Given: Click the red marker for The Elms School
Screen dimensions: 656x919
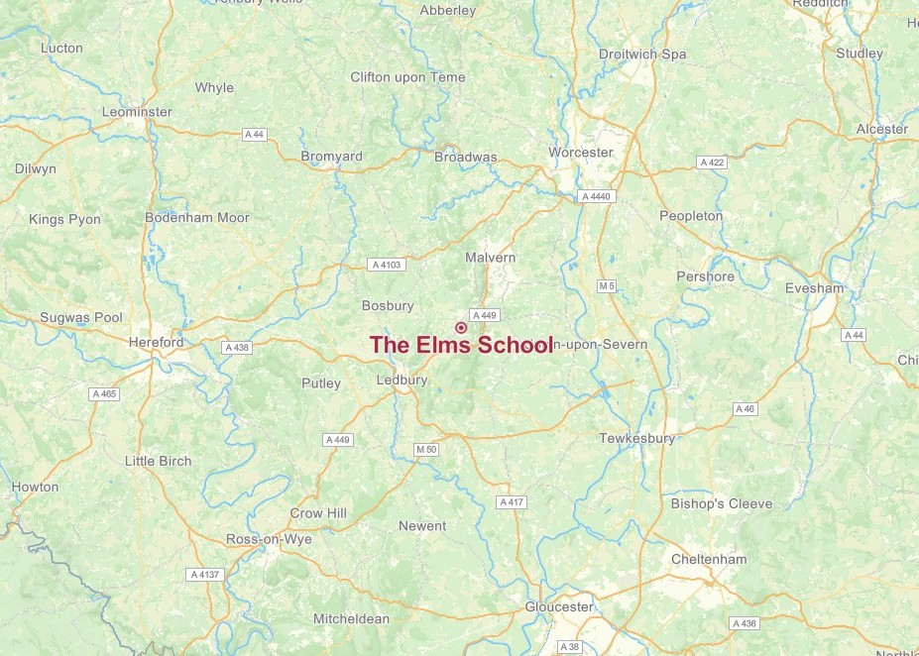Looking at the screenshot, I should point(461,327).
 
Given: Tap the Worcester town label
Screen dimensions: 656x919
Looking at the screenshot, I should point(581,153).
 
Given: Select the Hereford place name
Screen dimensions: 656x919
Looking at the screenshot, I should point(156,342).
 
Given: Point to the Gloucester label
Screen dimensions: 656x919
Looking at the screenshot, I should point(559,606).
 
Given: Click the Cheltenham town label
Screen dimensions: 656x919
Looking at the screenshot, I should point(709,559).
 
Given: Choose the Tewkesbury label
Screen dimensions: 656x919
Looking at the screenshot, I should point(636,438).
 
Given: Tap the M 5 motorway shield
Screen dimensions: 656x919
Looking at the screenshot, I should point(607,286).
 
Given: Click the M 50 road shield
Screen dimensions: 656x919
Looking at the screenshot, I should point(426,450).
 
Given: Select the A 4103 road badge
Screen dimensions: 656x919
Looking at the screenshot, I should point(386,265).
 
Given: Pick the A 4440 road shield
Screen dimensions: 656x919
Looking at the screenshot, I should point(597,196).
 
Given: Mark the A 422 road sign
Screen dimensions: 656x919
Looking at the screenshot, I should point(712,163).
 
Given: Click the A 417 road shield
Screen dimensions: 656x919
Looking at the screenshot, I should point(512,502).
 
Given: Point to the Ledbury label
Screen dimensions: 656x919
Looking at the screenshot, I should point(402,380).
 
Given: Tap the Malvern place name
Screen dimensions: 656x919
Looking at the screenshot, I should point(491,258).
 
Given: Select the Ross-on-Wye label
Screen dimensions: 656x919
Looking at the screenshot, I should point(270,539).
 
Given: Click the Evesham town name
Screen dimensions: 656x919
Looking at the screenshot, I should point(813,288).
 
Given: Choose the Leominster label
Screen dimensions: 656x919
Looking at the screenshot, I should point(137,112).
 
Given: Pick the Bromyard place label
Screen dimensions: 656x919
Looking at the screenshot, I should point(331,157).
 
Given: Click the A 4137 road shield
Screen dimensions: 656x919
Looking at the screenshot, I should point(203,574).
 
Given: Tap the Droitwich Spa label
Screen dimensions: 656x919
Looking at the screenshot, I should point(642,55).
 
